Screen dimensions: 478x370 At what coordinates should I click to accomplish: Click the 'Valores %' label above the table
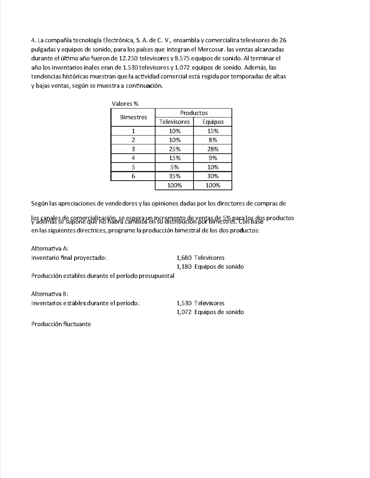click(x=125, y=104)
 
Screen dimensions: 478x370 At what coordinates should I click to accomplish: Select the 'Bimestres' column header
click(x=134, y=117)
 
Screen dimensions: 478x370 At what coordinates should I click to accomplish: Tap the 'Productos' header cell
click(x=194, y=113)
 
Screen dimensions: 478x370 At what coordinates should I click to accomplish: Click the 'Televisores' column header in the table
click(x=174, y=122)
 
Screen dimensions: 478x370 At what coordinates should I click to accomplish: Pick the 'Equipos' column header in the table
click(x=213, y=122)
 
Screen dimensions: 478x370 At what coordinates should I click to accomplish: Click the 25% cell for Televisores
click(x=175, y=149)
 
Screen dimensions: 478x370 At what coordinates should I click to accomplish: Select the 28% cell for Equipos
click(x=213, y=149)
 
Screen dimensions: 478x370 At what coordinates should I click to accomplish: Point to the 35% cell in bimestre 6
click(x=175, y=176)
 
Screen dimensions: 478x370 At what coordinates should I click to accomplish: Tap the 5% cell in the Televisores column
click(x=175, y=167)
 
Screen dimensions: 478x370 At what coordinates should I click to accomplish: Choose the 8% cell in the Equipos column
click(x=213, y=140)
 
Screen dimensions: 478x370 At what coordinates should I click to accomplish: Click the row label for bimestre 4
click(x=133, y=158)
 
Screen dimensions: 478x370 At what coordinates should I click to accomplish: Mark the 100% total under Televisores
click(x=175, y=186)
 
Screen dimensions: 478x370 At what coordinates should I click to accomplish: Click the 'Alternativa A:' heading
click(x=50, y=249)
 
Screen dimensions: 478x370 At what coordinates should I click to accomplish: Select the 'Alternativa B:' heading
click(x=50, y=294)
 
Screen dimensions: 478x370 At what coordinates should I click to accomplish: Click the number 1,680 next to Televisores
click(x=184, y=258)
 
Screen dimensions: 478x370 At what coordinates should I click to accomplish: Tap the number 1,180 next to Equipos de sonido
click(x=184, y=267)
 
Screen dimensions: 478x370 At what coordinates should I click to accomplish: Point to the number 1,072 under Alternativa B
click(x=184, y=312)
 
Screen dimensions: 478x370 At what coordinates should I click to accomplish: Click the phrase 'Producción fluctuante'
click(x=61, y=324)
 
